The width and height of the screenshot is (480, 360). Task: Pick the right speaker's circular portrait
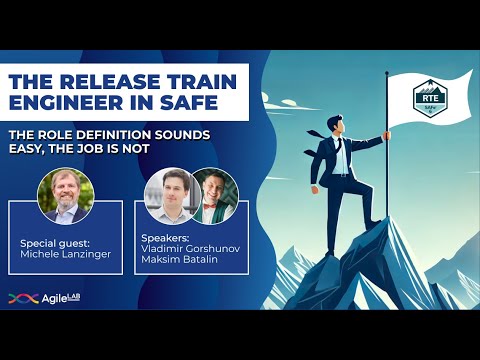pos(212,192)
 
